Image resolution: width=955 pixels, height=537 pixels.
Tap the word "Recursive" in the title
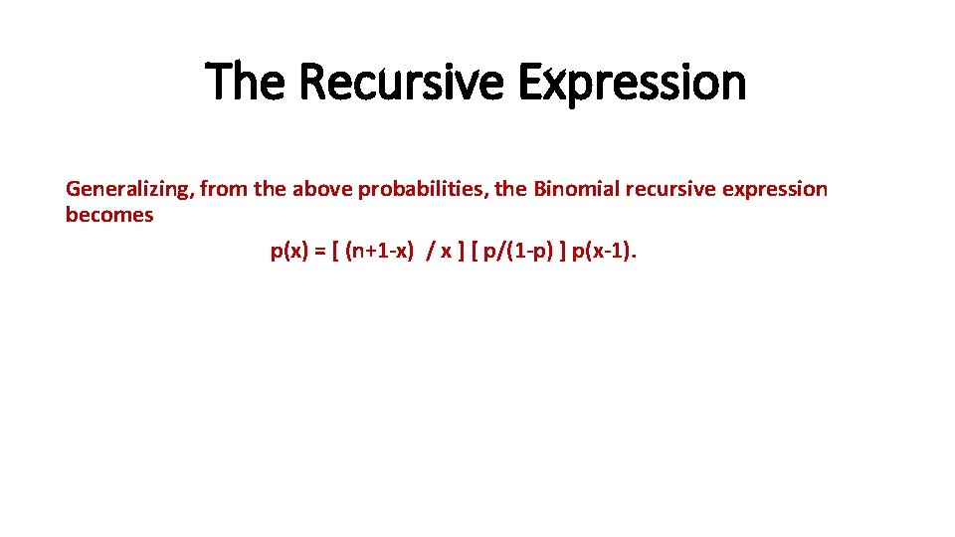click(x=401, y=82)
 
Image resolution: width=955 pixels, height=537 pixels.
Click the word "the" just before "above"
click(x=270, y=189)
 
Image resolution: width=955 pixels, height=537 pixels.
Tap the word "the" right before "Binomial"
click(x=511, y=189)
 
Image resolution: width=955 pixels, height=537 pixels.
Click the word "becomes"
click(x=109, y=215)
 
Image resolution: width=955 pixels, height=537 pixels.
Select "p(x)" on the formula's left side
click(x=289, y=252)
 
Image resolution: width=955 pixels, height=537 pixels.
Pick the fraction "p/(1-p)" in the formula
click(x=516, y=252)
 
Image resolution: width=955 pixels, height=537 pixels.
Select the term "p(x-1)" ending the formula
click(x=601, y=252)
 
